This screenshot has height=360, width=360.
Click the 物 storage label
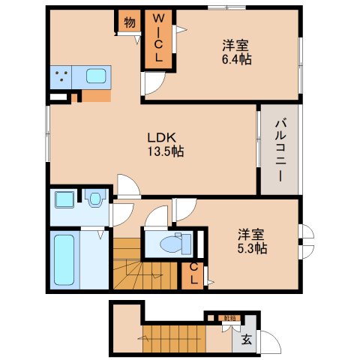coord(129,22)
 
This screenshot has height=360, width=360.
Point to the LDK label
coord(160,138)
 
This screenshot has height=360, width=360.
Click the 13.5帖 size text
coord(166,151)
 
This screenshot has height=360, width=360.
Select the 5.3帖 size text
coord(252,240)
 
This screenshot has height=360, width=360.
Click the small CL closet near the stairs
coord(193,275)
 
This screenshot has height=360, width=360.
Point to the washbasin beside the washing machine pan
coord(94,199)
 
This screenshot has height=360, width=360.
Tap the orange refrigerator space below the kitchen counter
coord(95,95)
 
